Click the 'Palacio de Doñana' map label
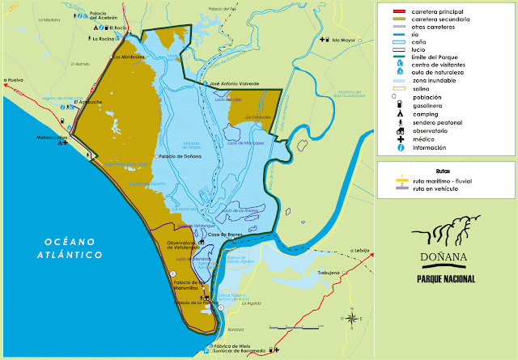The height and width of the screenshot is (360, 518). click(180, 156)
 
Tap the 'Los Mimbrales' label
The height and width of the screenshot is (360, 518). click(128, 57)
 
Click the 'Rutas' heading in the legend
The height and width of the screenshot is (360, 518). click(442, 171)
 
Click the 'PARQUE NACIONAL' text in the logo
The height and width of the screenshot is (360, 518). click(445, 279)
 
